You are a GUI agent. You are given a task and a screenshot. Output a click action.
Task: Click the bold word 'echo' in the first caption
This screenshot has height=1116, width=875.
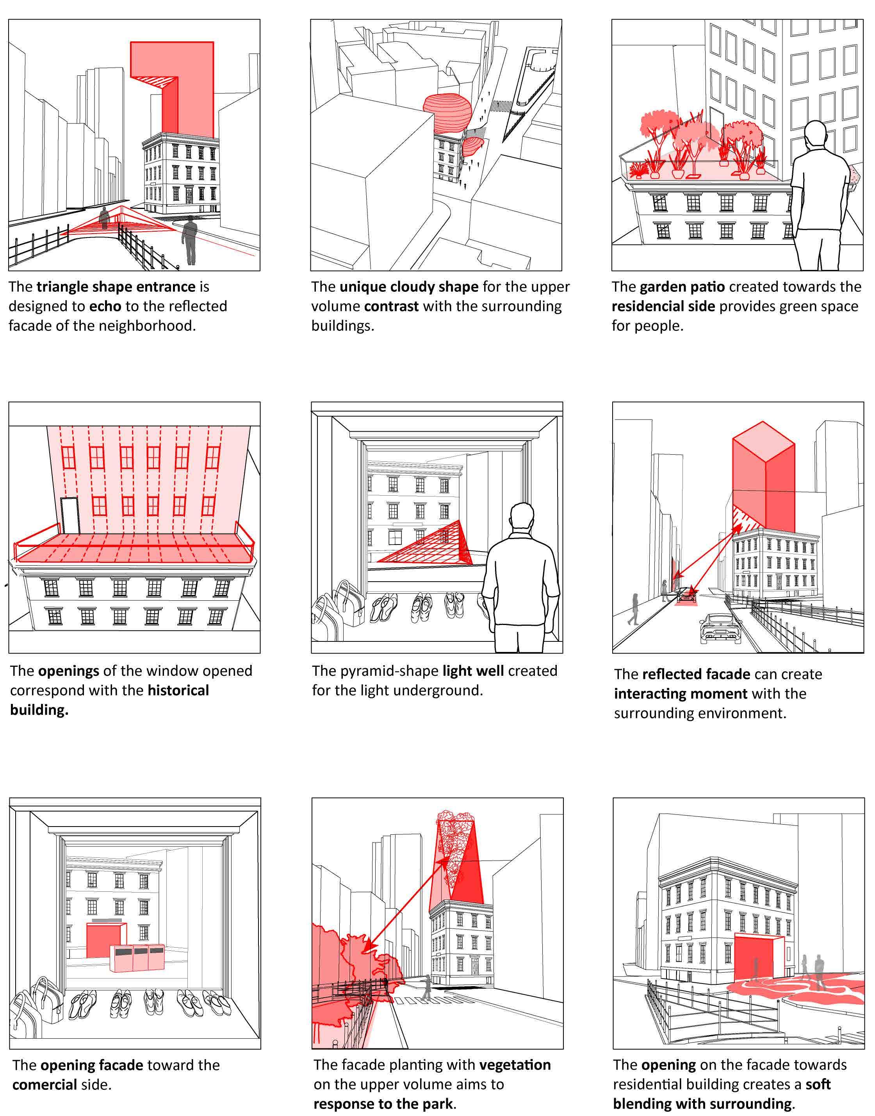pyautogui.click(x=105, y=306)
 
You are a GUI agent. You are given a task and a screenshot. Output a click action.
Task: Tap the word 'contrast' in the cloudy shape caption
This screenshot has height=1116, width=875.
pyautogui.click(x=391, y=306)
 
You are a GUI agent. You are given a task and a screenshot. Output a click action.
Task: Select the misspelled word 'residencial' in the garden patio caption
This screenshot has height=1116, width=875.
pyautogui.click(x=663, y=306)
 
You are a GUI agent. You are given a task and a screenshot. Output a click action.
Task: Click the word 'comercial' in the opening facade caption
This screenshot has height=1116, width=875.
pyautogui.click(x=45, y=1085)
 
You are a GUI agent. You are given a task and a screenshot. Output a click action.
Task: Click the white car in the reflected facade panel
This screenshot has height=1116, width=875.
pyautogui.click(x=720, y=629)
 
